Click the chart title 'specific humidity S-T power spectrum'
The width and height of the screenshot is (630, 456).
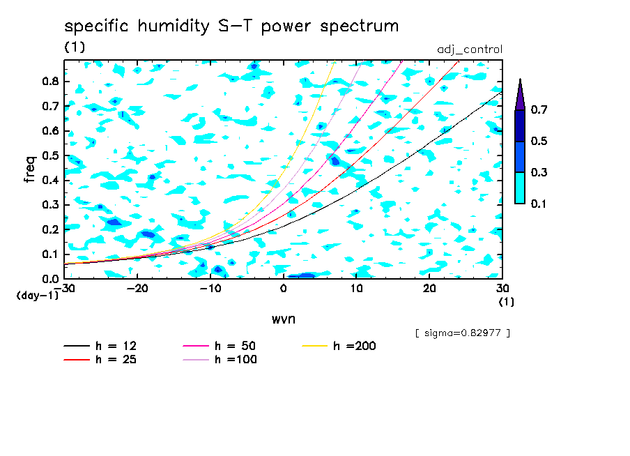231,27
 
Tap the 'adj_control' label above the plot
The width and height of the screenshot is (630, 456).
469,50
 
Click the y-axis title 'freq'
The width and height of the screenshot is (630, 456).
30,169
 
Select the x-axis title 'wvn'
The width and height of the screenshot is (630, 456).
283,318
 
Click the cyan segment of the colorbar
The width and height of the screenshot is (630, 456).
520,188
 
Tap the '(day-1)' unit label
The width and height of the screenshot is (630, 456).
36,296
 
